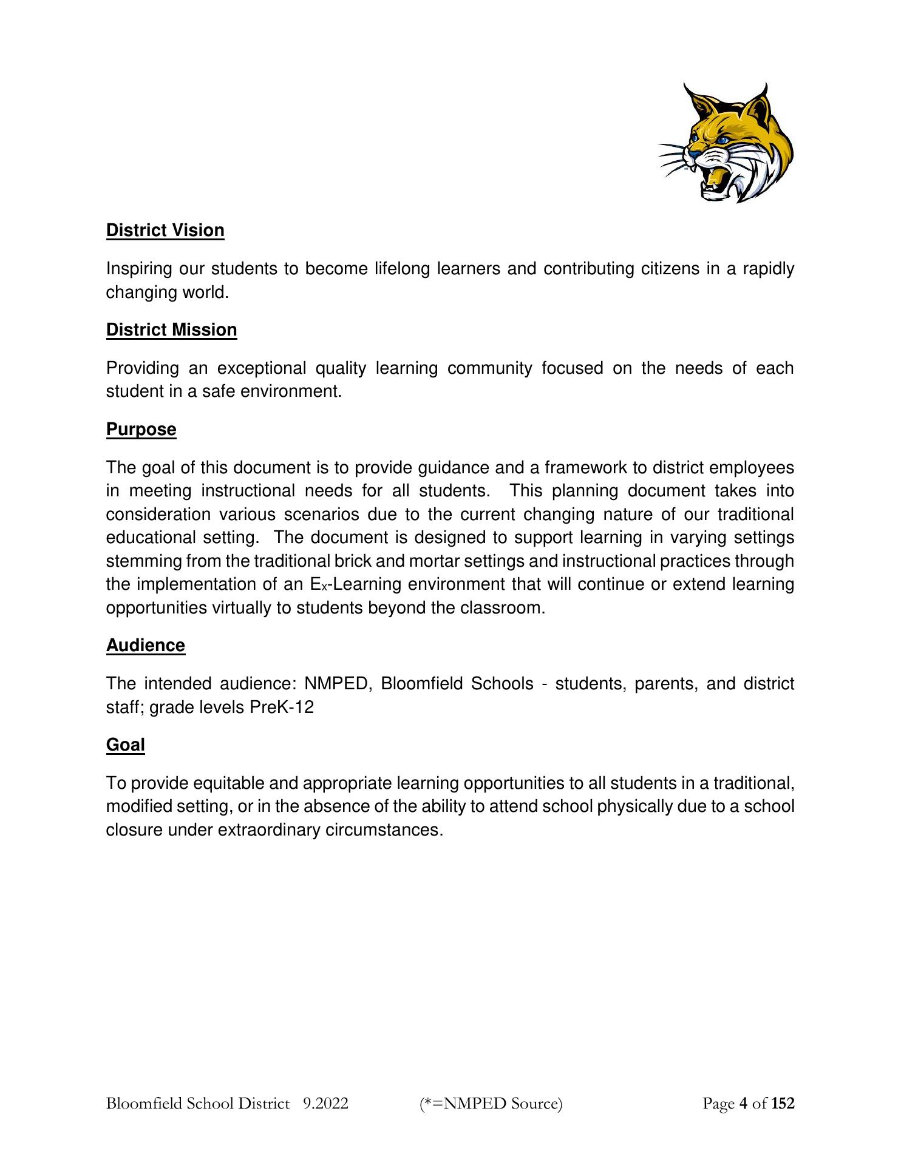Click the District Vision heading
coord(165,231)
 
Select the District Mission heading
coord(171,330)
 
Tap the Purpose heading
coord(141,430)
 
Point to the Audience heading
coord(145,645)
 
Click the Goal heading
coord(125,745)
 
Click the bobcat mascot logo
coord(726,143)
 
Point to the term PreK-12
coord(282,707)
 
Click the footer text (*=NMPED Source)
coord(491,1103)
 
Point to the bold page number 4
coord(743,1103)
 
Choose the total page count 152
coord(783,1103)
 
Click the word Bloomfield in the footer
coord(144,1103)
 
